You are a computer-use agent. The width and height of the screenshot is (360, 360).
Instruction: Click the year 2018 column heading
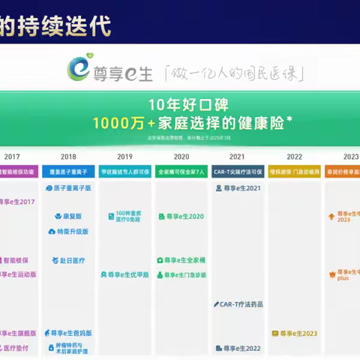(68, 157)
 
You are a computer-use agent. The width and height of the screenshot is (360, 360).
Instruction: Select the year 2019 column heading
(124, 157)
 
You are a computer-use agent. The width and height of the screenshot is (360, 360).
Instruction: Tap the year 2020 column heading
(181, 157)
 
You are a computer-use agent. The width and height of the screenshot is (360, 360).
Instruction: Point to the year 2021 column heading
(237, 157)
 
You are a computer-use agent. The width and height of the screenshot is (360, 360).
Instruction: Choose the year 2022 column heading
(293, 157)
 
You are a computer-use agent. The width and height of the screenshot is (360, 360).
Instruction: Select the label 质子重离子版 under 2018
(68, 188)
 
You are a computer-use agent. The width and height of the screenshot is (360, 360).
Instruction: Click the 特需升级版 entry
(68, 232)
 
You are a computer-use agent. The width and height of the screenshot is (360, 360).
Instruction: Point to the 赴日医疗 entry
(68, 260)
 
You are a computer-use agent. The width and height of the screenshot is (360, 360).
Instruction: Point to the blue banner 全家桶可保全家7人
(181, 171)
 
